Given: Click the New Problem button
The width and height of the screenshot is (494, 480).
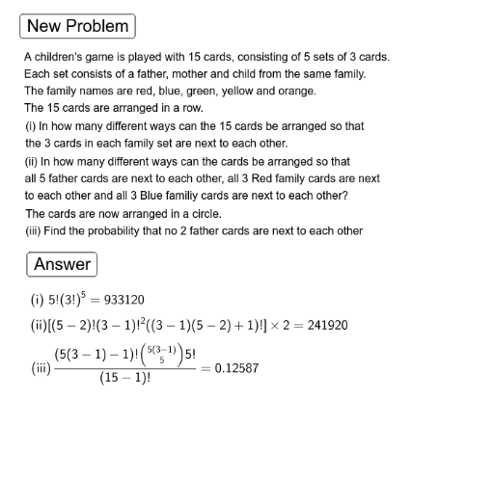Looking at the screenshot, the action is click(79, 26).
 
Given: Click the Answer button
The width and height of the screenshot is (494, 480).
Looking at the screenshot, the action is click(62, 264).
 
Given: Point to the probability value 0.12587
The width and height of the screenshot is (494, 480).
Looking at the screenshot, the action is click(236, 367).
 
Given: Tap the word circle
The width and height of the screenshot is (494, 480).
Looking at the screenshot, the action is click(203, 213).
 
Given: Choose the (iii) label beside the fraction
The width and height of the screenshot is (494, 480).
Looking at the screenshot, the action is click(41, 367).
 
